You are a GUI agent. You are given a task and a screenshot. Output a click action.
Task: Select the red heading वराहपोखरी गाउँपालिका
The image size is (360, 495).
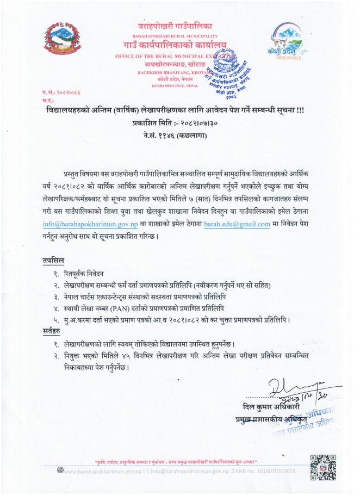point(175,26)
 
